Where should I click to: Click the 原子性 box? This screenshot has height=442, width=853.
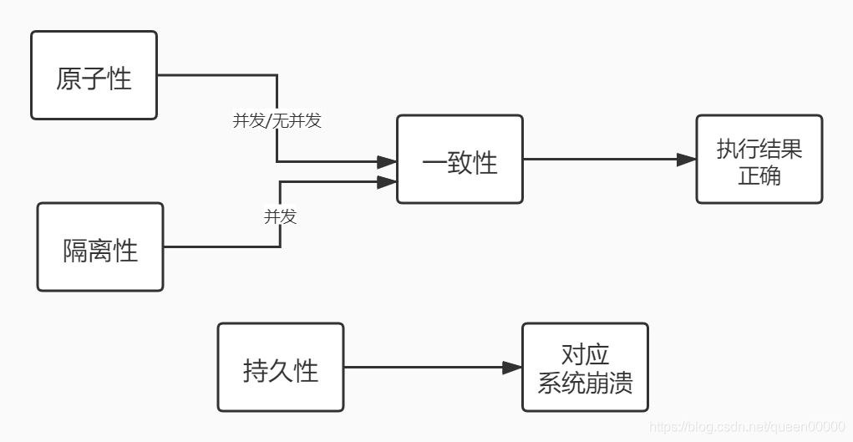click(x=94, y=75)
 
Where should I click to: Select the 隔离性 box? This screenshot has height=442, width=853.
click(x=100, y=247)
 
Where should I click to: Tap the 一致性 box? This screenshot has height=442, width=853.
click(x=460, y=159)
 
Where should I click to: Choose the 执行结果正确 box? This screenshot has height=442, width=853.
click(x=759, y=160)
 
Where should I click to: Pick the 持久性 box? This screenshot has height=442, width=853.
click(x=280, y=368)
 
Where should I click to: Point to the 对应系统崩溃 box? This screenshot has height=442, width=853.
click(x=585, y=368)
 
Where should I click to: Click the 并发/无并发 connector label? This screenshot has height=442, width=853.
click(x=277, y=120)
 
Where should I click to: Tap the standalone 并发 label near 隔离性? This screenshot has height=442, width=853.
click(x=280, y=216)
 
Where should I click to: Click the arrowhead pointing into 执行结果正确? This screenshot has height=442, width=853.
click(x=687, y=160)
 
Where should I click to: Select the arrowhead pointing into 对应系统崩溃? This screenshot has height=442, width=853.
click(x=512, y=368)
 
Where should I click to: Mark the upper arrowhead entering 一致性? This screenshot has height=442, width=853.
click(x=386, y=162)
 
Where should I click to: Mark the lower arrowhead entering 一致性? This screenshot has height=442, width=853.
click(x=386, y=181)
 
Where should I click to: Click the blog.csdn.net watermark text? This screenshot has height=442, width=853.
click(x=749, y=427)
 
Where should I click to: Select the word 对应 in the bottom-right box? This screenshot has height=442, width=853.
click(x=585, y=353)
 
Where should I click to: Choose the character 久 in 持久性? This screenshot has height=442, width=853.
click(x=281, y=370)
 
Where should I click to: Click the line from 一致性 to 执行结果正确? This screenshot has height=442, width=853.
click(x=602, y=160)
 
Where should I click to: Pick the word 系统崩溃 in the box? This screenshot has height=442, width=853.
click(x=585, y=383)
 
